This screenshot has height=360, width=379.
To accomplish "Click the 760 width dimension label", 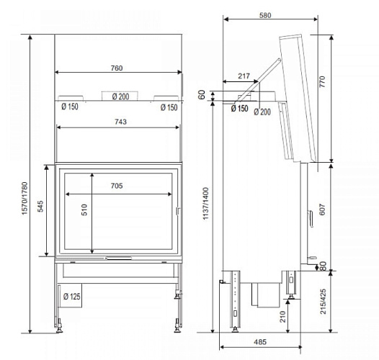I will point(117,68).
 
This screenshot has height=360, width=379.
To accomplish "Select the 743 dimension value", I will point(120,122).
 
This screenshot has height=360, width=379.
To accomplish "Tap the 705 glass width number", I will point(117,186).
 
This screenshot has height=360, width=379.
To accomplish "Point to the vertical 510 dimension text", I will point(84,212).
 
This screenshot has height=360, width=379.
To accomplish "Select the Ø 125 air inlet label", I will point(71,295).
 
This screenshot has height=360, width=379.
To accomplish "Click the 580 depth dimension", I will point(266,14).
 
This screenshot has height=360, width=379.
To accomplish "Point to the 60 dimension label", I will point(202,94).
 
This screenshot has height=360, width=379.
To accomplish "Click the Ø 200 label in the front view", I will point(120,96).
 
